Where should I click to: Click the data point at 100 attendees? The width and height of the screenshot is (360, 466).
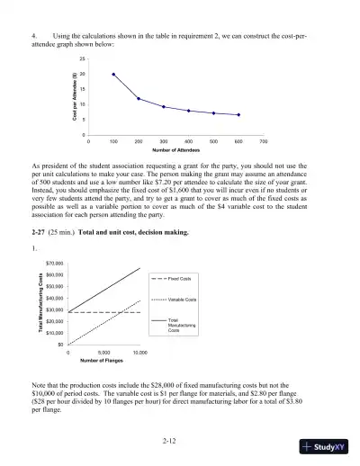(113, 74)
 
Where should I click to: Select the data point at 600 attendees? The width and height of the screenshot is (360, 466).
(238, 115)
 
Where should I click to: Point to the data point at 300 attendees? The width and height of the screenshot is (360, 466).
(164, 107)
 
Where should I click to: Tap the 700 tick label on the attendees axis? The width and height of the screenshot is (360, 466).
(264, 142)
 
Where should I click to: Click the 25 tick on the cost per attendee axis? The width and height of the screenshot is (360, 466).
(82, 58)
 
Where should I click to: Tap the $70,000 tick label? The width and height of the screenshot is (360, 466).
(53, 264)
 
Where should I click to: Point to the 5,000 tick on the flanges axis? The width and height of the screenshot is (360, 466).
(103, 353)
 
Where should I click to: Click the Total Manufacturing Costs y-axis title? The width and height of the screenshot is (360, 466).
(40, 303)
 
